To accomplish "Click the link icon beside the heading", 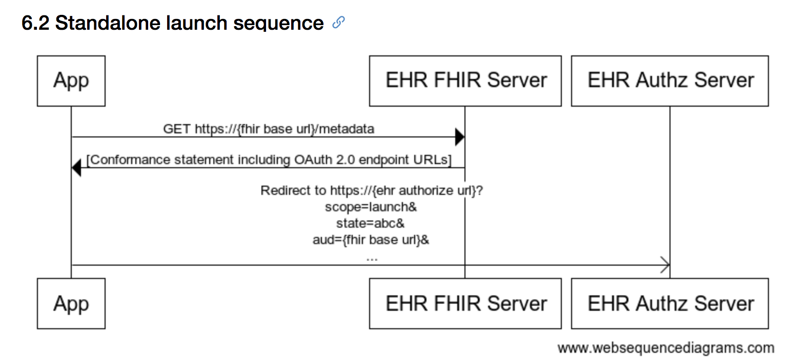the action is click(x=338, y=23).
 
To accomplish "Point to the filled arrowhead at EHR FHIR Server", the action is click(x=460, y=137).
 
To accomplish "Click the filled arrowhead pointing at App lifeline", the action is click(x=76, y=168).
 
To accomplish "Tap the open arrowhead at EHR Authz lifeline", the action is click(x=665, y=265).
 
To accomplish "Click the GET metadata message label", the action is click(x=269, y=129).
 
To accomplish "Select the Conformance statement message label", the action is click(x=269, y=159).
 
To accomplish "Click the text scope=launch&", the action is click(x=371, y=207).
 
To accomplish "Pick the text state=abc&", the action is click(x=370, y=223).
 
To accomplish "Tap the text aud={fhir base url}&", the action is click(x=371, y=239).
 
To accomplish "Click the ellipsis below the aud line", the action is click(x=372, y=259).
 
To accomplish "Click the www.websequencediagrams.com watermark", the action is click(x=666, y=348).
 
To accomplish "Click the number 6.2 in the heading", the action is click(x=35, y=23).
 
